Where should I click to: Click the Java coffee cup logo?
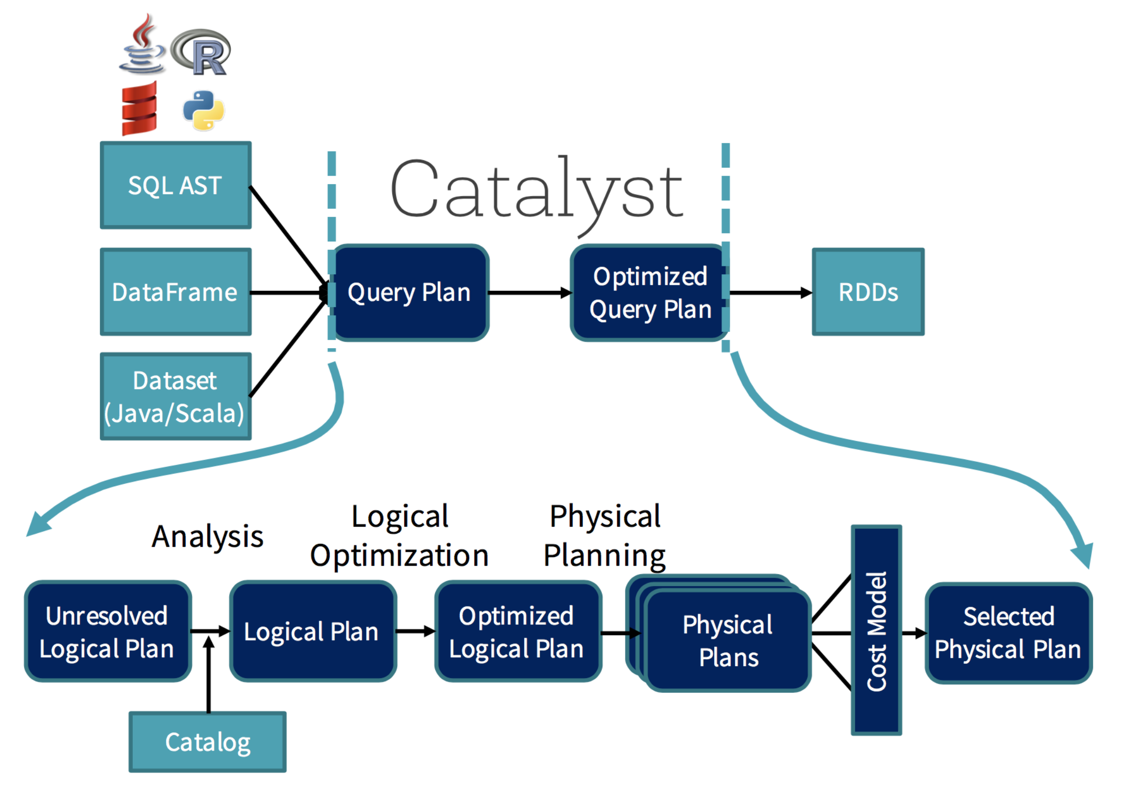142,46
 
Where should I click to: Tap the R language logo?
201,52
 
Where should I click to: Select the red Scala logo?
139,108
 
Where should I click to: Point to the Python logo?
204,110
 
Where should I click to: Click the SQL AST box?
175,186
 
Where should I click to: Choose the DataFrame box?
175,292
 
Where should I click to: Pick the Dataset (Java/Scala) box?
175,396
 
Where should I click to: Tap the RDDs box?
867,292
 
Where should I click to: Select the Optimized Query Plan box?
649,293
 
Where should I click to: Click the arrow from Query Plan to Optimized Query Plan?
529,293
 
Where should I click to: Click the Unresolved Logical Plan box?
107,631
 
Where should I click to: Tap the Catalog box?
207,742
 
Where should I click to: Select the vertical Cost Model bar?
876,630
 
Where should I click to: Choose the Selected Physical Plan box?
1008,632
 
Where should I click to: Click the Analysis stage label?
207,537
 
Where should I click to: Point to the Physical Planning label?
604,536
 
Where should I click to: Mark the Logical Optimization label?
399,536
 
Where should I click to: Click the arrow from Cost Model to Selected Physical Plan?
913,633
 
